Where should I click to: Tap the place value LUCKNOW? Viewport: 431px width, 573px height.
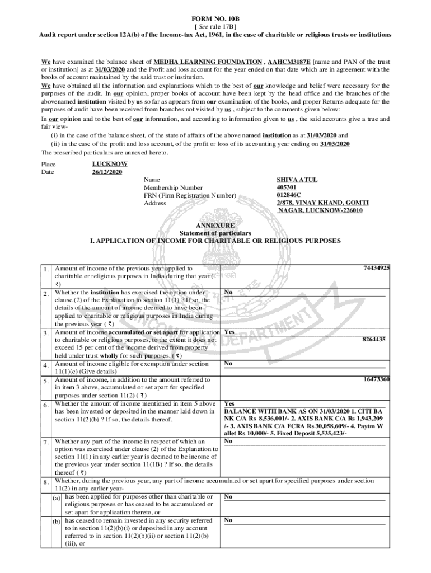point(110,164)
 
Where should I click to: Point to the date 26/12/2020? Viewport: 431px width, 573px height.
point(107,172)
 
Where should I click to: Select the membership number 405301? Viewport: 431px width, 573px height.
point(287,187)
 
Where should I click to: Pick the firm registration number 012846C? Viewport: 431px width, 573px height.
point(289,195)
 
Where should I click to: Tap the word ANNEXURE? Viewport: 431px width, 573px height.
point(215,226)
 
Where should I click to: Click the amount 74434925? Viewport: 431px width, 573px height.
point(376,268)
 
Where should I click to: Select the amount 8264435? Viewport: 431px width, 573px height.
point(373,339)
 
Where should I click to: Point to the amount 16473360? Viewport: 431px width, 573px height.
point(376,379)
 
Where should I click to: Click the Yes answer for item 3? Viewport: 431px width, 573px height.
point(229,332)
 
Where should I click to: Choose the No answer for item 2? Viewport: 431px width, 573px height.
point(228,292)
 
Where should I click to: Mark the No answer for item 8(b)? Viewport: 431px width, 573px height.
point(228,520)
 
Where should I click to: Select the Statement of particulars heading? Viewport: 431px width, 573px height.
point(215,233)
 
